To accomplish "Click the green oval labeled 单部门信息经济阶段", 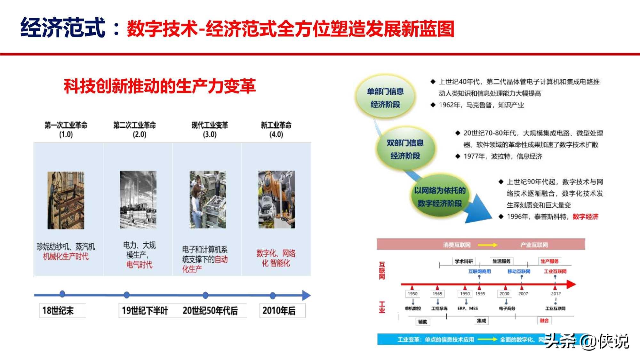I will coord(385,98).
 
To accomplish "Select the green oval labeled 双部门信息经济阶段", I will coord(405,149).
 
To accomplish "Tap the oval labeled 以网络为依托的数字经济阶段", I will coord(439,197).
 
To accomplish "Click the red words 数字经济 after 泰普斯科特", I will coord(585,217).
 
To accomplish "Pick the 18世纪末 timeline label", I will coord(58,310).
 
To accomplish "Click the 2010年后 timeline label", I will coord(279,310).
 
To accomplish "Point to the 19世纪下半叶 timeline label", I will coord(145,310).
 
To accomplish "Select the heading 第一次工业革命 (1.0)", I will coord(66,129).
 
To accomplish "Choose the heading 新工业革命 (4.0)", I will coord(276,129).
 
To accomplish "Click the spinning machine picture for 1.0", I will coord(66,200).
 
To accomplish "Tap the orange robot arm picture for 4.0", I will coord(276,199).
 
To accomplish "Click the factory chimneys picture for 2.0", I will coord(138,199).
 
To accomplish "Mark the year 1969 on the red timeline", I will coord(437,293).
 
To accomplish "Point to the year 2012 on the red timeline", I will coord(556,293).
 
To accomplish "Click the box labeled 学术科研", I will coord(464,261).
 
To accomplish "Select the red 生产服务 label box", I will coord(549,261).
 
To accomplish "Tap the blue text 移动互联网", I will coord(519,271).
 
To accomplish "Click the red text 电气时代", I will coord(139,265).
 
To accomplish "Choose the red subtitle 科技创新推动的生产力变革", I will coord(160,86).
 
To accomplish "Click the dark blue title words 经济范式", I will coord(63,28).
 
